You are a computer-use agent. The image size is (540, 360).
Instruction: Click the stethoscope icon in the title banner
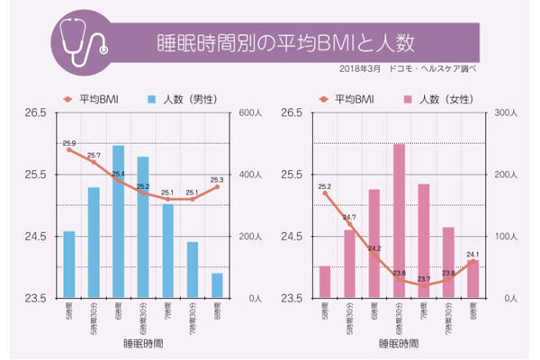point(79,34)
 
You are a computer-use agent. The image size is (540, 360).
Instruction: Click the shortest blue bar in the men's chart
point(217,285)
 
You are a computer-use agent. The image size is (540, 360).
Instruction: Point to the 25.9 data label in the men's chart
point(69,144)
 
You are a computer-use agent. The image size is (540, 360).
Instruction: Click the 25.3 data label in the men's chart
point(217,180)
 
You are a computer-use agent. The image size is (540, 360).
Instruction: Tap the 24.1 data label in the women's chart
point(473,255)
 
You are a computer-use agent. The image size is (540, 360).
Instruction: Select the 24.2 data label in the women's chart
point(374,248)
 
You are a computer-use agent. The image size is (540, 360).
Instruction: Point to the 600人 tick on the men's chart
point(248,113)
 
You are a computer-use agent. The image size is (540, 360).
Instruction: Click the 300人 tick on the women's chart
point(507,113)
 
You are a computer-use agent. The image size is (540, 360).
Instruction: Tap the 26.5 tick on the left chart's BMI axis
point(36,113)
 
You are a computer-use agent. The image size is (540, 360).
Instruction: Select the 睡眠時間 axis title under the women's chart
point(399,344)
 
